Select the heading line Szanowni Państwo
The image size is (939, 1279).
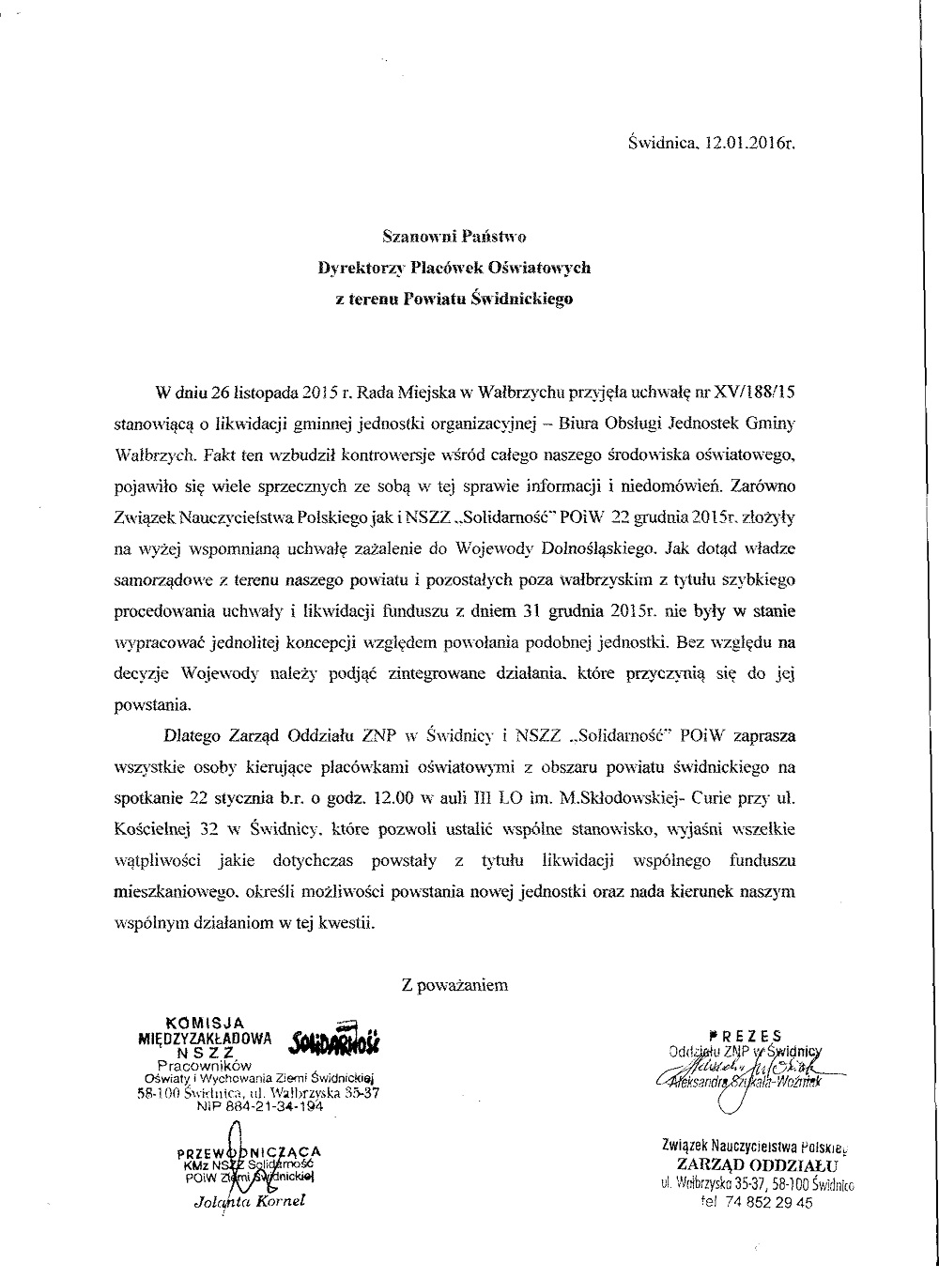(453, 235)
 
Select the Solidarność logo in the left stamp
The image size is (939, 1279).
(335, 1039)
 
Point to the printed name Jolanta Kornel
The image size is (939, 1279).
(250, 1201)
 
